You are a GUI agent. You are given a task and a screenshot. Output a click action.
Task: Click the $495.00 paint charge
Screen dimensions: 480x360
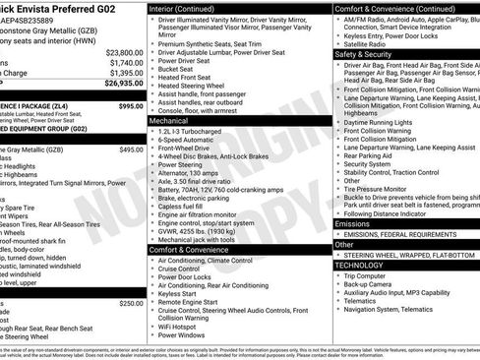pyautogui.click(x=131, y=150)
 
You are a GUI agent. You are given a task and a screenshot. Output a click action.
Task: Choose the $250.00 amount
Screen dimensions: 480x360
pyautogui.click(x=131, y=303)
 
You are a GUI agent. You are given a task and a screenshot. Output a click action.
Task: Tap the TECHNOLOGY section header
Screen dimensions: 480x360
pyautogui.click(x=359, y=265)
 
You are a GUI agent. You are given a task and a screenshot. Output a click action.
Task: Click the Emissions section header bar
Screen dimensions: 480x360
pyautogui.click(x=354, y=223)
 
